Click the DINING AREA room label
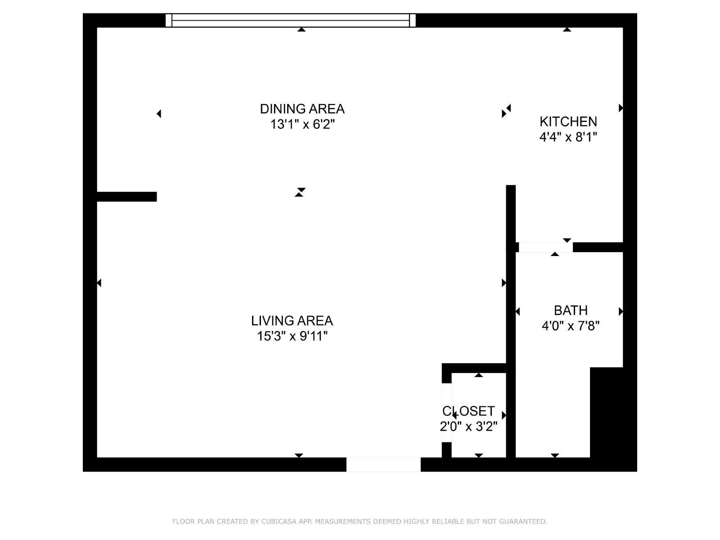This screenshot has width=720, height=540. coord(302,109)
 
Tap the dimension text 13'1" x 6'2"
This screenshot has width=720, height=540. coord(302,124)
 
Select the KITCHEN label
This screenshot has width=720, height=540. coord(568,121)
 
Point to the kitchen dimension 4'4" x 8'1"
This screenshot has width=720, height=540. coord(568,137)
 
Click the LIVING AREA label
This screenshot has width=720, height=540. coord(292,321)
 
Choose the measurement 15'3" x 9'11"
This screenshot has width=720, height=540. coord(292,336)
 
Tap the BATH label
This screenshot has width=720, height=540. coord(571,310)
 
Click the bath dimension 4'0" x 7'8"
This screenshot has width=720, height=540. coord(571,326)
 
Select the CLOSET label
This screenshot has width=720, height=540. coord(468,411)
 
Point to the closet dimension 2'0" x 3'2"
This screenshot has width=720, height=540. coord(468,427)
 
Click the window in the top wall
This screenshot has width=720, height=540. coord(290,20)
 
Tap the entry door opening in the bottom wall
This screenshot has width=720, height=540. coord(383,464)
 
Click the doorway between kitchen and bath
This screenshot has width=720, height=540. coord(546,247)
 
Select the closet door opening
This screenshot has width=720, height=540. coord(446,413)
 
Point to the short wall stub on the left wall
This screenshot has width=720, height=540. coord(127,197)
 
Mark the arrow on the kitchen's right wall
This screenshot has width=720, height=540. coord(621,108)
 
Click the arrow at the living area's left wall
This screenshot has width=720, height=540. coord(99,283)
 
